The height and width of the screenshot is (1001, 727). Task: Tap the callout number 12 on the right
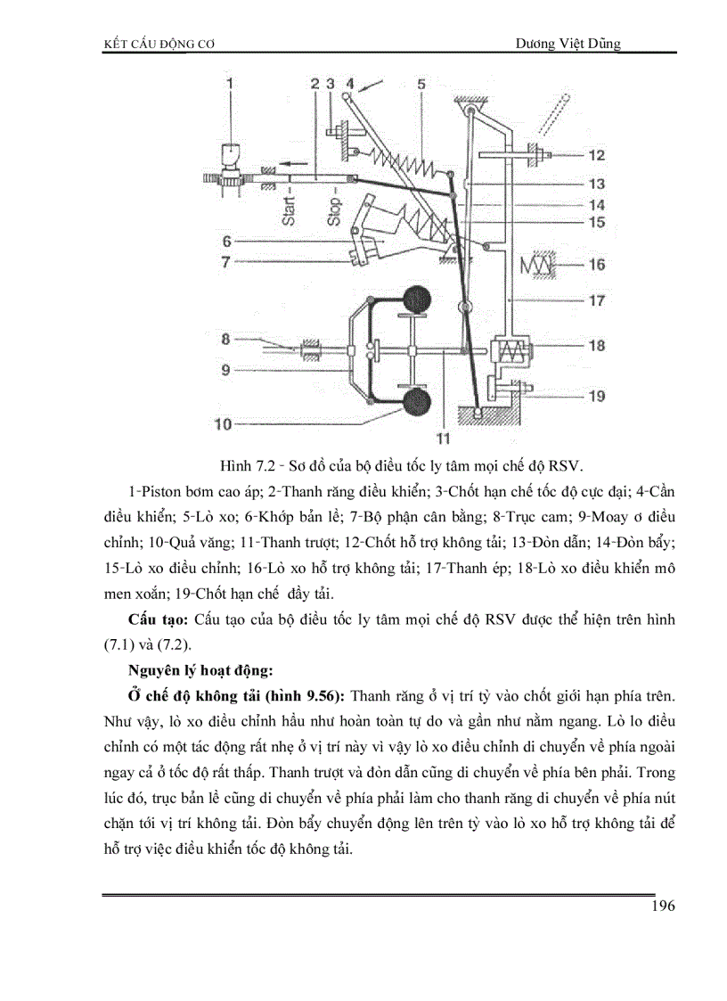tap(596, 155)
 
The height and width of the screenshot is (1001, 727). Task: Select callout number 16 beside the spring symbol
tap(596, 264)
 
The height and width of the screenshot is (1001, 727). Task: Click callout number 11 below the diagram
tap(443, 438)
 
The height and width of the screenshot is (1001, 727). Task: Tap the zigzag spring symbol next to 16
tap(540, 263)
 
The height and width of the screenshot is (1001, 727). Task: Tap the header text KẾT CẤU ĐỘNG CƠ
tap(157, 44)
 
